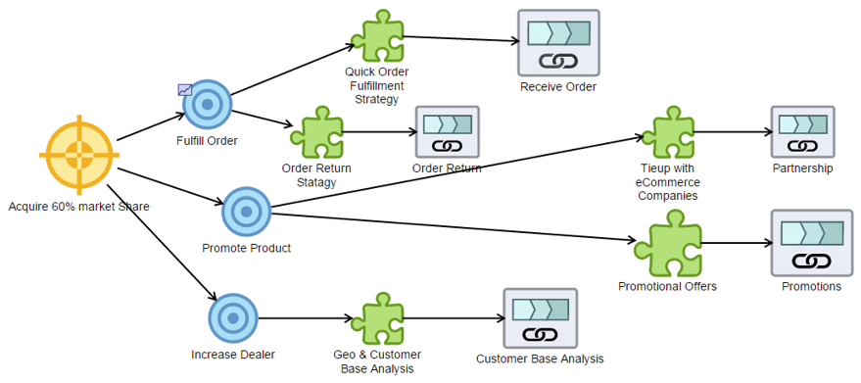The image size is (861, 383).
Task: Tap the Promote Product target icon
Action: [246, 211]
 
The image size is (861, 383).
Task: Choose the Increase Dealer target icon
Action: [232, 317]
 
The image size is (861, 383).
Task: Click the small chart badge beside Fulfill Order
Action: [185, 89]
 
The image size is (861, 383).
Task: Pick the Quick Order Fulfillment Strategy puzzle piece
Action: [376, 36]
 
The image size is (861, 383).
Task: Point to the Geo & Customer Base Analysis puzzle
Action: [376, 317]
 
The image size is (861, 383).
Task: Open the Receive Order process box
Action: [558, 43]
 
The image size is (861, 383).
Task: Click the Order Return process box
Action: [447, 132]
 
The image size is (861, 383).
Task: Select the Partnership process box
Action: [802, 131]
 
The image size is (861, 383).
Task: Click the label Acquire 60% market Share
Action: [78, 207]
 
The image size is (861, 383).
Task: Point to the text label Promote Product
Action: [246, 248]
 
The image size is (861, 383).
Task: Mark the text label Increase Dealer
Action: [232, 354]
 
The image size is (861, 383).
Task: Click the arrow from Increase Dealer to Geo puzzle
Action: [304, 317]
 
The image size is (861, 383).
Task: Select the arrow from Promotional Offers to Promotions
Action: [736, 243]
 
